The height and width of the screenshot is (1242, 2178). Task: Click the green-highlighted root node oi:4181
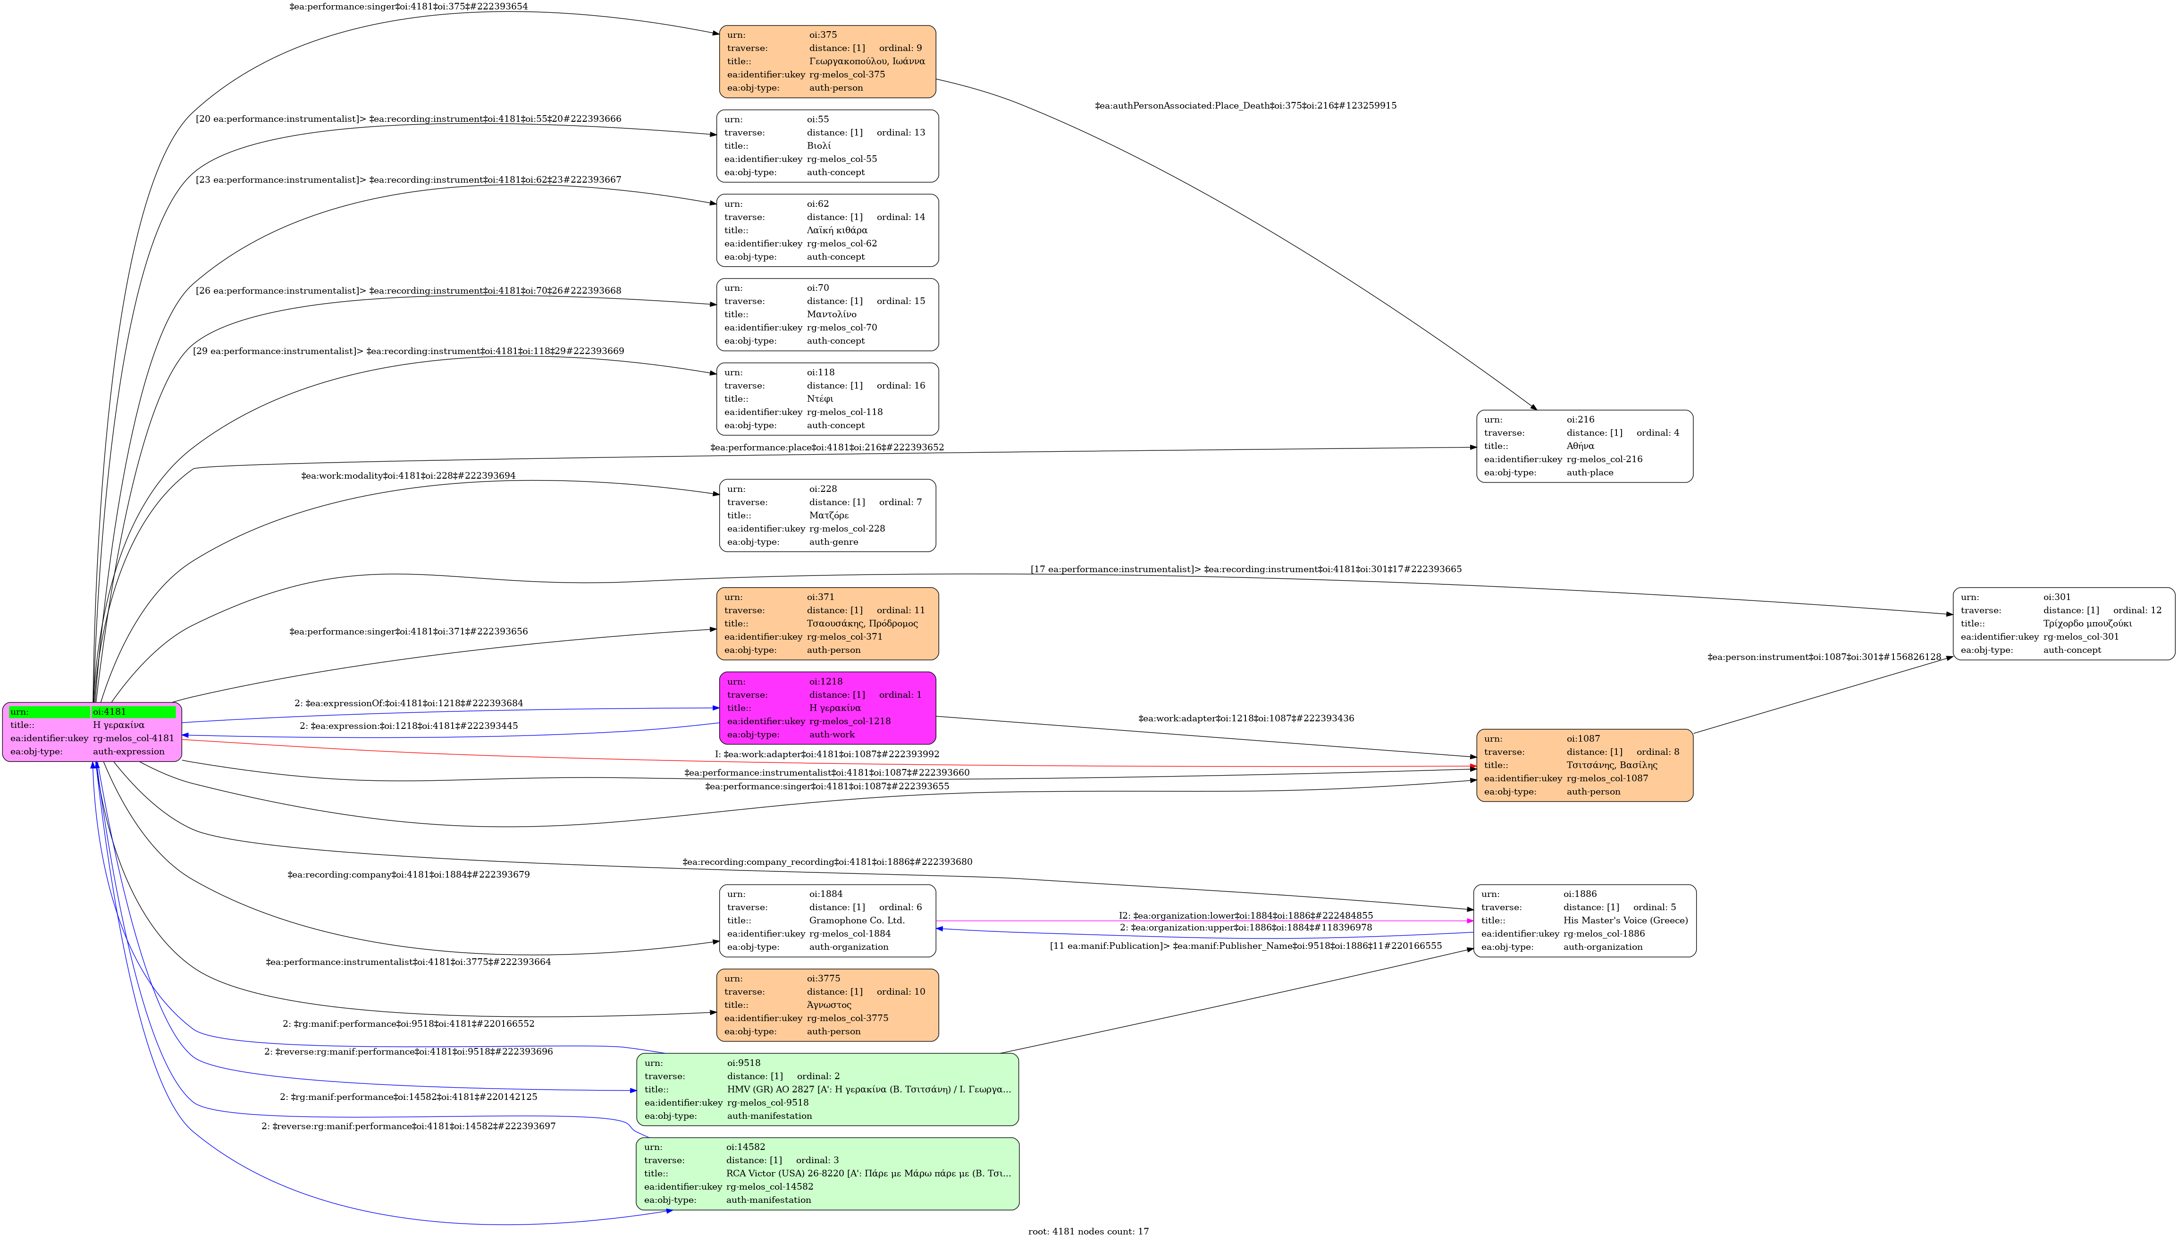[x=92, y=732]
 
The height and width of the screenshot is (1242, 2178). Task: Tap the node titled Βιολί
[x=827, y=146]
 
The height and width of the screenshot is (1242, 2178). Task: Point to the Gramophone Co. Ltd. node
[x=827, y=921]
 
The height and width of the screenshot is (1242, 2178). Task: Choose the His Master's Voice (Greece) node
[x=1584, y=921]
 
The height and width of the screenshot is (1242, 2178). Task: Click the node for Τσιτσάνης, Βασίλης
[x=1584, y=765]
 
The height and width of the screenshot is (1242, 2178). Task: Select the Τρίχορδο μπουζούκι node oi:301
[x=2064, y=624]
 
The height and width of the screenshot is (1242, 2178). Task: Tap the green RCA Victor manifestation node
[x=827, y=1174]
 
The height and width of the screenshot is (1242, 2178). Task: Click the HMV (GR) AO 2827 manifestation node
[x=827, y=1090]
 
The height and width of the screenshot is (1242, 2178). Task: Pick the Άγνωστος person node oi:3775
[x=827, y=1005]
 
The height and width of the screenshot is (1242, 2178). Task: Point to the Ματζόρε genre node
[x=827, y=515]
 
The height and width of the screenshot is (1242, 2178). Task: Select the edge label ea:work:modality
[x=408, y=476]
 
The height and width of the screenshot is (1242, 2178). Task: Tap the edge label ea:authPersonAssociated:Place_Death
[x=1245, y=106]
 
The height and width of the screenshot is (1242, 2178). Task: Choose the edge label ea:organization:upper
[x=1245, y=927]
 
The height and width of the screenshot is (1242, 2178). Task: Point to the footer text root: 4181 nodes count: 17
[x=1088, y=1231]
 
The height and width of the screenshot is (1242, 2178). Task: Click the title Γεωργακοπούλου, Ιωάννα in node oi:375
[x=866, y=61]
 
